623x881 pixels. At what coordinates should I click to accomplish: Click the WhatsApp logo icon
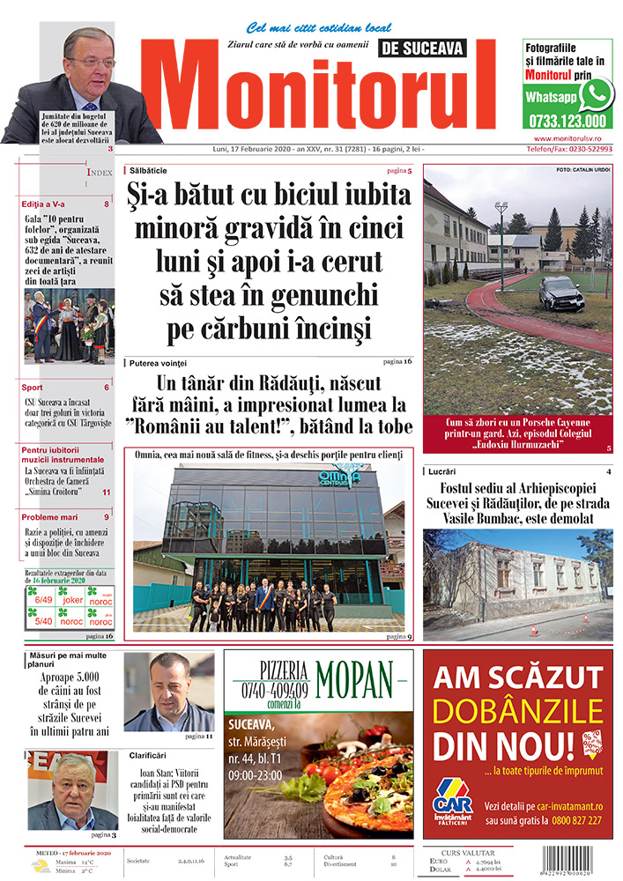(x=597, y=93)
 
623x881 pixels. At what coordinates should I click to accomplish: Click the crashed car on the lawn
(x=561, y=292)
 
